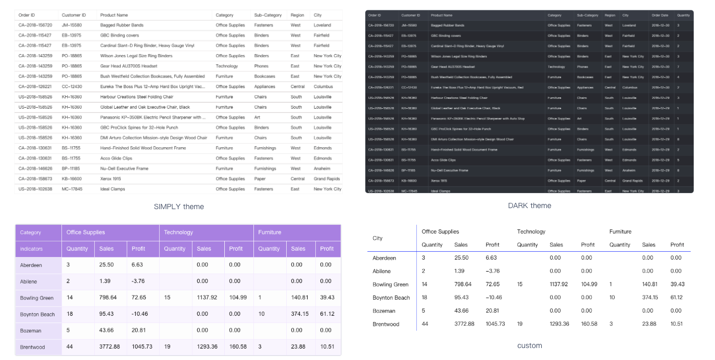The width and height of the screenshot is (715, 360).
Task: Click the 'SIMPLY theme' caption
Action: coord(178,207)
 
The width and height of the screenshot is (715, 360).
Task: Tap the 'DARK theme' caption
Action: coord(529,205)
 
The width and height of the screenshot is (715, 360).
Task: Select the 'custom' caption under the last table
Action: coord(529,345)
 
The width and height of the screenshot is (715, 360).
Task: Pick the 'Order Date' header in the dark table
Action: coord(660,15)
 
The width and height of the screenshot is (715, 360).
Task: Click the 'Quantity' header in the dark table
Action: coord(683,15)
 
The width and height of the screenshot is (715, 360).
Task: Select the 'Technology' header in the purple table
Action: coord(178,232)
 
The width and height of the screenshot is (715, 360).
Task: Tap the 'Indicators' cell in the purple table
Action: coord(31,249)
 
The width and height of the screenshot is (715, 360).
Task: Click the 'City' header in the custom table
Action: coord(378,238)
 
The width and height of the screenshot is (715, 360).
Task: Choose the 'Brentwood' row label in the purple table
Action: coord(32,347)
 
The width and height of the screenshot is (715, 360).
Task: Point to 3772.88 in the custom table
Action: coord(464,324)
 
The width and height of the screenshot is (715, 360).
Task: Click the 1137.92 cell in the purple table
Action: coord(207,298)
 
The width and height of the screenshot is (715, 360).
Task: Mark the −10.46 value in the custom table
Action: coord(494,298)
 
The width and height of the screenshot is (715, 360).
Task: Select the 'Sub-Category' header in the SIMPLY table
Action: coord(268,15)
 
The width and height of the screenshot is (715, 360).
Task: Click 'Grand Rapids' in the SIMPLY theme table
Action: coord(327,178)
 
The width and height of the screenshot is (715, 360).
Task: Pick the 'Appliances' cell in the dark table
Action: coord(585,87)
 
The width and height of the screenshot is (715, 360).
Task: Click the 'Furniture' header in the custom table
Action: coord(620,232)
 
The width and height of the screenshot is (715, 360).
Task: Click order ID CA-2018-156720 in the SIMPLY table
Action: coord(35,25)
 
